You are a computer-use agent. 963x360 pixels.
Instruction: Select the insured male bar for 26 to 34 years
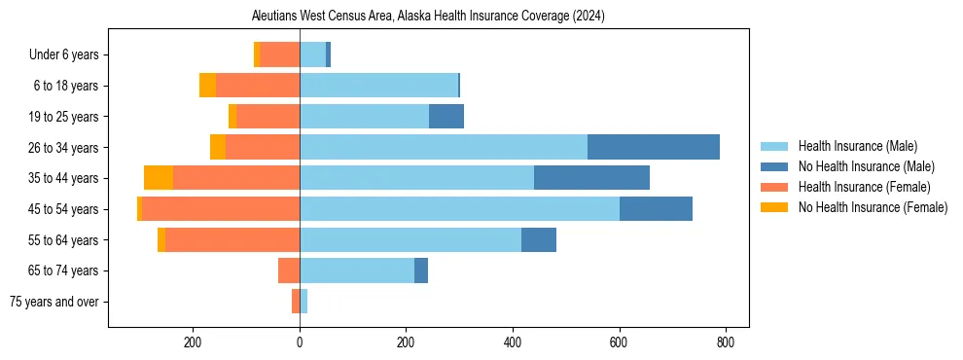tap(444, 147)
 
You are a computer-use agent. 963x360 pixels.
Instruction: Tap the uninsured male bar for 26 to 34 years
tap(654, 147)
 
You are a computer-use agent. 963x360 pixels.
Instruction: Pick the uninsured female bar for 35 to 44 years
tap(159, 178)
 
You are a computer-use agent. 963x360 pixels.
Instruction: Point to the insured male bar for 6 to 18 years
tap(378, 86)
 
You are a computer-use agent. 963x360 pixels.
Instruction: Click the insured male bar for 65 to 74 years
tap(357, 270)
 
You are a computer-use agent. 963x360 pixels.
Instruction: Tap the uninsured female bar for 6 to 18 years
tap(207, 86)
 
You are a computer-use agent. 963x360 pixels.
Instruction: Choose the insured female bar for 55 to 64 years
tap(232, 240)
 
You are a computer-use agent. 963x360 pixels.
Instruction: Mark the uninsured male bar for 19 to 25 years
tap(446, 117)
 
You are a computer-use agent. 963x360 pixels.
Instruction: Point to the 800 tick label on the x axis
tap(726, 342)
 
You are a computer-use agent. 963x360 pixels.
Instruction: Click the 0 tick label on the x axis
tap(300, 342)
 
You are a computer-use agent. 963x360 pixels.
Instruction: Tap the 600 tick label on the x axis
tap(620, 342)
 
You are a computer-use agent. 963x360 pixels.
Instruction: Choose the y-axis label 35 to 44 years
tap(65, 178)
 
